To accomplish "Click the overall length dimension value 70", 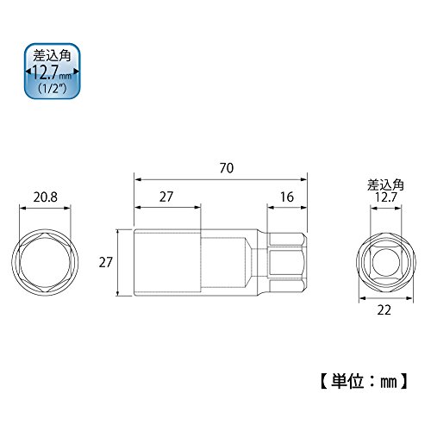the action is (227, 168).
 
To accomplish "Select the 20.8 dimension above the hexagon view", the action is (45, 197).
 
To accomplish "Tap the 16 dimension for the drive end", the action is (287, 197).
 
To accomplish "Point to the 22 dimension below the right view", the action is (384, 310).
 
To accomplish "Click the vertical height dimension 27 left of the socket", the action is (106, 262).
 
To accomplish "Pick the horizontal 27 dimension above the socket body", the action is (166, 197).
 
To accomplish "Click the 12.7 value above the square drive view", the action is (385, 197).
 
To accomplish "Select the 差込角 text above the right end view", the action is (385, 185).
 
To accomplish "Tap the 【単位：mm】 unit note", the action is (364, 382).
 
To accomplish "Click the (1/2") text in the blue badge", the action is (53, 88).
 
